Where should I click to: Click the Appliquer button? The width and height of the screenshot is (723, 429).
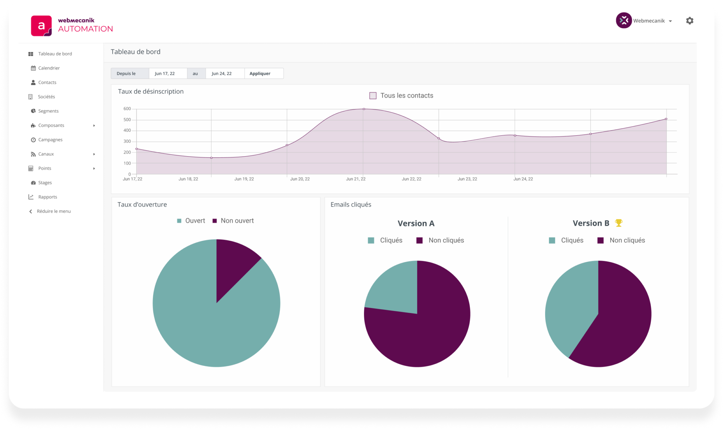(260, 74)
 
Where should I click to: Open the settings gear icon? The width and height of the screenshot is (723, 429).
(689, 21)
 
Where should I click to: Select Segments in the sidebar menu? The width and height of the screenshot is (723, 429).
(48, 111)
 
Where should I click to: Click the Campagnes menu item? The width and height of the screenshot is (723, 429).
(50, 140)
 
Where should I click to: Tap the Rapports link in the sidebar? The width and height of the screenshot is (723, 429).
(47, 197)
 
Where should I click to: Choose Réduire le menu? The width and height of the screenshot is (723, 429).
(53, 211)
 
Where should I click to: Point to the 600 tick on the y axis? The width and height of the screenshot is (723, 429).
(127, 109)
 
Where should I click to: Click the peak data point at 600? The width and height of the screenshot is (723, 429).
(364, 109)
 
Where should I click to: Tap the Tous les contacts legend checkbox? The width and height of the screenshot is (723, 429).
(373, 96)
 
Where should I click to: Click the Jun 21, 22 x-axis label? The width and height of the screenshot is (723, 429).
(355, 179)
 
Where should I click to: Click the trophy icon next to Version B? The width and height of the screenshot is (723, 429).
(619, 223)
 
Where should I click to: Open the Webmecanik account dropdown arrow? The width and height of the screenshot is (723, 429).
(670, 21)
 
